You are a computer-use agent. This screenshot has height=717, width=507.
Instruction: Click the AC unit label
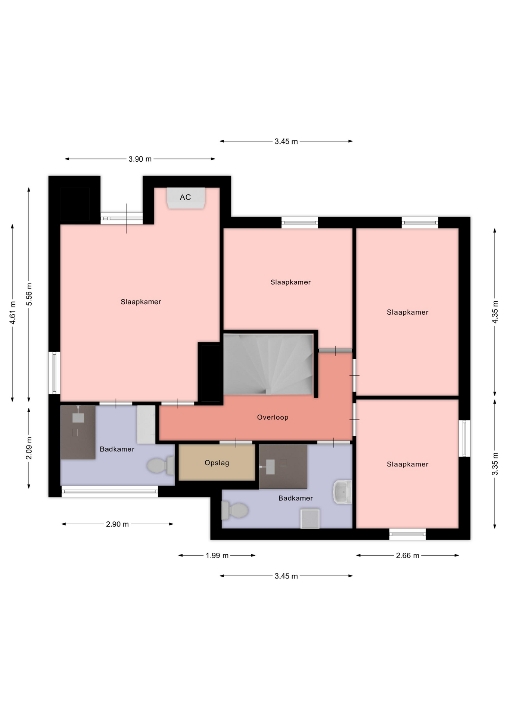coord(185,197)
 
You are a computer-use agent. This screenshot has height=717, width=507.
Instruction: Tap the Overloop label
coord(273,417)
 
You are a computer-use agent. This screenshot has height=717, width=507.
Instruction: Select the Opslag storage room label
coord(217,463)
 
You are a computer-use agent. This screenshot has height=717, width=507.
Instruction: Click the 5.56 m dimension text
coord(29,294)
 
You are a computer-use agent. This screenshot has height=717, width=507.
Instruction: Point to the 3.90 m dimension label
coord(140,159)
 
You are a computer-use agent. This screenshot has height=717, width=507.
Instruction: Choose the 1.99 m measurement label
coord(217,555)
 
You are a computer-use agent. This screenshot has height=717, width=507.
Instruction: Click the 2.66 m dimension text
coord(407,555)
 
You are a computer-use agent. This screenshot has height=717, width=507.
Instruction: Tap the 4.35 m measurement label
coord(495,312)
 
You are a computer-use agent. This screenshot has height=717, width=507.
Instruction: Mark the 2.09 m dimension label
coord(29,448)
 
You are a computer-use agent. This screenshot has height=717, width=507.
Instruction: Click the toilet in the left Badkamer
coord(161,466)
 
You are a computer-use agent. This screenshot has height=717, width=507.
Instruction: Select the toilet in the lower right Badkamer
coord(235,510)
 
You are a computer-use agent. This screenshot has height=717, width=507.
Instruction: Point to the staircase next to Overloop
coord(268,364)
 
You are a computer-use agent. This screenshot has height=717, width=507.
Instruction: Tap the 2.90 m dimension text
coord(117,524)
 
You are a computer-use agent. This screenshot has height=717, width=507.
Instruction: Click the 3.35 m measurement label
coord(495,464)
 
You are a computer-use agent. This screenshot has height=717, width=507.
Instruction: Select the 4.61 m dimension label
coord(13,313)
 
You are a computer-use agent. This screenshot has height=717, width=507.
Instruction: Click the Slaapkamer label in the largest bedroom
coord(141,302)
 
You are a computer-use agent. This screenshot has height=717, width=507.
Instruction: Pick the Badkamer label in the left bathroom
coord(117,449)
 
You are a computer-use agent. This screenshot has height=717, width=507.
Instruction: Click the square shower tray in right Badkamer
coord(310,519)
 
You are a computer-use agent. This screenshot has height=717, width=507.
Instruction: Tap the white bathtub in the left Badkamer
coord(146,425)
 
